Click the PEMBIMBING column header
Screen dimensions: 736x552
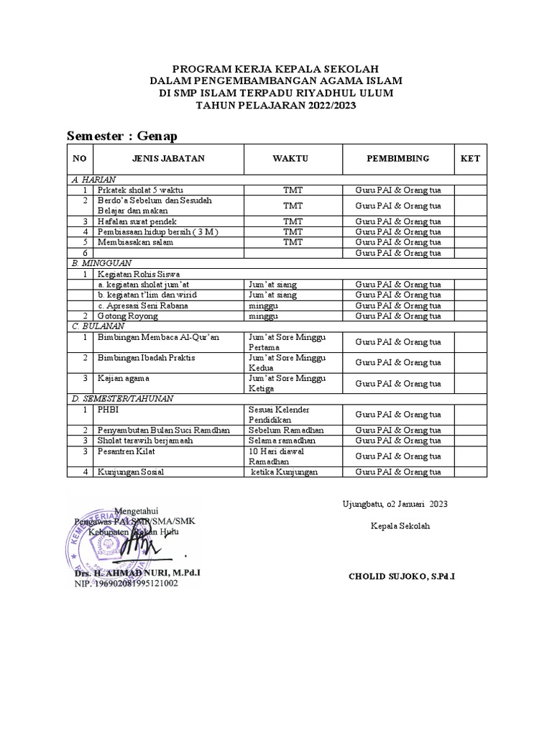(397, 159)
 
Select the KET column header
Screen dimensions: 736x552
(469, 159)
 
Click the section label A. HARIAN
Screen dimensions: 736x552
(93, 179)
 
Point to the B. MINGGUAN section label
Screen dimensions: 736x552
(98, 263)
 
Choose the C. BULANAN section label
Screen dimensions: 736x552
(96, 326)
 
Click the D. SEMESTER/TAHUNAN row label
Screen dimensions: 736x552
(123, 397)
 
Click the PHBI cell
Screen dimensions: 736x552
(109, 408)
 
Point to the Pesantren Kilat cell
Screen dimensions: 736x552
(128, 451)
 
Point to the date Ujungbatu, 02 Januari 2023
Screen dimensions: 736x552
(395, 505)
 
